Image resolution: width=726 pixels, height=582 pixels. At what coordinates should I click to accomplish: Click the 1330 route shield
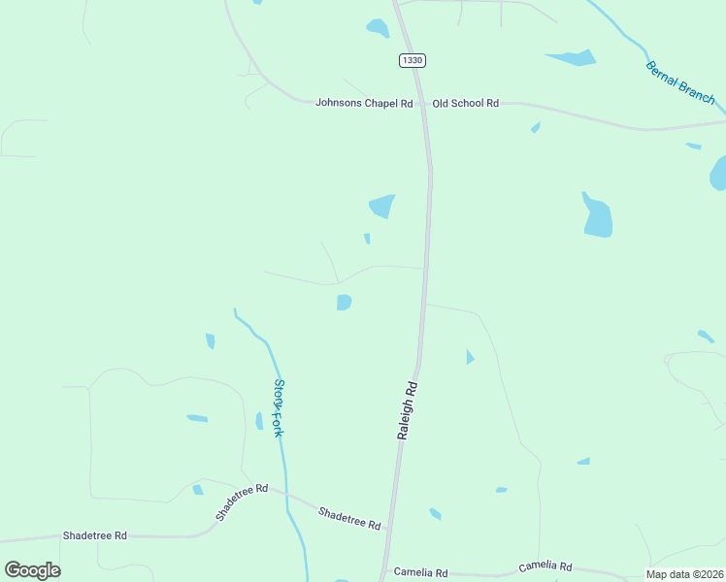(x=412, y=60)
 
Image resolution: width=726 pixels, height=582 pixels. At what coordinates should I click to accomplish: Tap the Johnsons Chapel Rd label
(x=364, y=103)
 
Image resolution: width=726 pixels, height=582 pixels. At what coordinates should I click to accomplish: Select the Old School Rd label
(x=465, y=103)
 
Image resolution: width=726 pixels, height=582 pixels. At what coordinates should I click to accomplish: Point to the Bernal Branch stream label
(x=680, y=82)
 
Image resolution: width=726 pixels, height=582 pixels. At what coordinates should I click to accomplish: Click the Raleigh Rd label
(x=409, y=410)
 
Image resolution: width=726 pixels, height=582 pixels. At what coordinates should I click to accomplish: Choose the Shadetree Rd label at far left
(x=94, y=535)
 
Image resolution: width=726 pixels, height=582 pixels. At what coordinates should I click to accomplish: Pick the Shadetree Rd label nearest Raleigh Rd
(x=349, y=518)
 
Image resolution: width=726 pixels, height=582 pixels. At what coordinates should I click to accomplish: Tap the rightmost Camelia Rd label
(x=544, y=566)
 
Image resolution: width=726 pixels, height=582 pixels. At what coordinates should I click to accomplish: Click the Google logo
(x=32, y=570)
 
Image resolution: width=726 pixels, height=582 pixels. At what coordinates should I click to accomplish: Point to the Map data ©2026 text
(x=684, y=574)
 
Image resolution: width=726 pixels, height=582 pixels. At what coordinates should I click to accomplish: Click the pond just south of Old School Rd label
(x=535, y=127)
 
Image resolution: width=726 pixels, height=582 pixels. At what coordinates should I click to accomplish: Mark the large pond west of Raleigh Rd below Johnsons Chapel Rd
(x=382, y=206)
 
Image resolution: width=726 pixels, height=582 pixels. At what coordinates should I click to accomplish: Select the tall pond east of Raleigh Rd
(x=597, y=217)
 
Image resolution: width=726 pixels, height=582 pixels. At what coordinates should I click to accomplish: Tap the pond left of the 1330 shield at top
(x=378, y=28)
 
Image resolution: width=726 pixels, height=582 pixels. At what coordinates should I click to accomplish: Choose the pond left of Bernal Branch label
(x=573, y=57)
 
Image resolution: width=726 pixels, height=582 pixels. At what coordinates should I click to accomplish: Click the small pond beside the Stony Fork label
(x=259, y=421)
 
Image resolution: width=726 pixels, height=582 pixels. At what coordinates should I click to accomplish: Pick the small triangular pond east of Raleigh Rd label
(x=470, y=358)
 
